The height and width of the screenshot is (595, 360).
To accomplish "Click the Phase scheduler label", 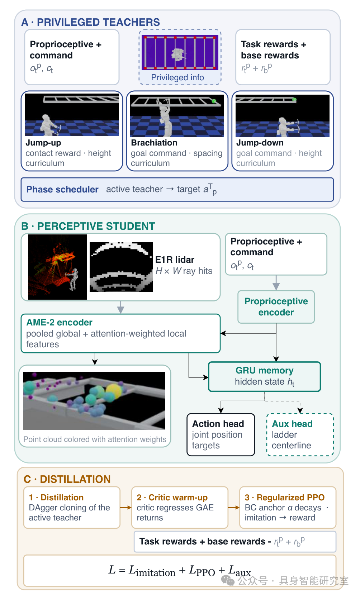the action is pyautogui.click(x=62, y=189).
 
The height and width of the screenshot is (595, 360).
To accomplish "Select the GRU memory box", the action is pyautogui.click(x=264, y=376).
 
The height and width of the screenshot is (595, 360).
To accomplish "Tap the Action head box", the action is pyautogui.click(x=221, y=434).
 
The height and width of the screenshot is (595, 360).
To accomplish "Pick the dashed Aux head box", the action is pyautogui.click(x=300, y=434).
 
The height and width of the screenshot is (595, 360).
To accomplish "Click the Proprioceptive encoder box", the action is pyautogui.click(x=276, y=307).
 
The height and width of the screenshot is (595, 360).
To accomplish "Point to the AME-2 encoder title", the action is pyautogui.click(x=59, y=323).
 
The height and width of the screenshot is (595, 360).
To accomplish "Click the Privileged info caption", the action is pyautogui.click(x=177, y=77).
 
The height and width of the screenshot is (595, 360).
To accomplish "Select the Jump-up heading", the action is pyautogui.click(x=43, y=143).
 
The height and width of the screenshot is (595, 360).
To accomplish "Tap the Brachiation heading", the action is pyautogui.click(x=154, y=143).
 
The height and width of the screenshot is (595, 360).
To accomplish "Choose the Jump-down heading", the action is pyautogui.click(x=260, y=143).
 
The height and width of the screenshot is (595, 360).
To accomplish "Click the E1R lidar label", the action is pyautogui.click(x=175, y=260).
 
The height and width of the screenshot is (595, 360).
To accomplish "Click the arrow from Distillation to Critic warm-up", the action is pyautogui.click(x=126, y=507).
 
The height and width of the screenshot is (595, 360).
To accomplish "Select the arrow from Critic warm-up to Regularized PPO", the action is pyautogui.click(x=234, y=507).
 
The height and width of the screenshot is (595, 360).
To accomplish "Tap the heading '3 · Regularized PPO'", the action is pyautogui.click(x=285, y=497).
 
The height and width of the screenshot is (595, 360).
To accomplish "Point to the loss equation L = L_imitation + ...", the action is pyautogui.click(x=180, y=571).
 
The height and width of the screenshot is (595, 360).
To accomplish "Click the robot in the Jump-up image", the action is pyautogui.click(x=49, y=124).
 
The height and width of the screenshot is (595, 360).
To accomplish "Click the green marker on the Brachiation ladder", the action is pyautogui.click(x=214, y=101).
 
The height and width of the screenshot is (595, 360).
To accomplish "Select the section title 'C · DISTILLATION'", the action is pyautogui.click(x=67, y=479).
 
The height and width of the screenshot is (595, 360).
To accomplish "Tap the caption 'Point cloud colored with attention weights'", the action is pyautogui.click(x=95, y=439).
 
